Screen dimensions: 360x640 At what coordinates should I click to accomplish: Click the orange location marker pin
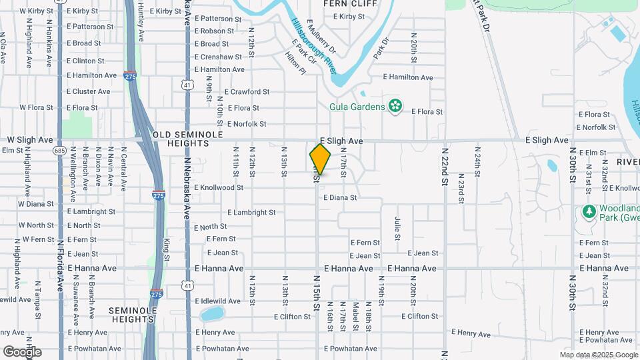[320, 159]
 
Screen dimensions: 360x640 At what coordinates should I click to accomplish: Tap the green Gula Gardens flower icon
[395, 106]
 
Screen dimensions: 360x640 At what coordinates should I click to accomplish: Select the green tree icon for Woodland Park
[589, 211]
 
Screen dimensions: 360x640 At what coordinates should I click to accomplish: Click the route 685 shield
[60, 150]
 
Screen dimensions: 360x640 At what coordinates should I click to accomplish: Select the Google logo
[22, 351]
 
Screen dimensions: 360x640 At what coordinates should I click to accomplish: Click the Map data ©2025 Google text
[599, 355]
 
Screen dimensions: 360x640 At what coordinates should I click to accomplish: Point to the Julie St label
[397, 228]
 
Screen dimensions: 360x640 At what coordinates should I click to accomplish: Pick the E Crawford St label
[247, 92]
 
